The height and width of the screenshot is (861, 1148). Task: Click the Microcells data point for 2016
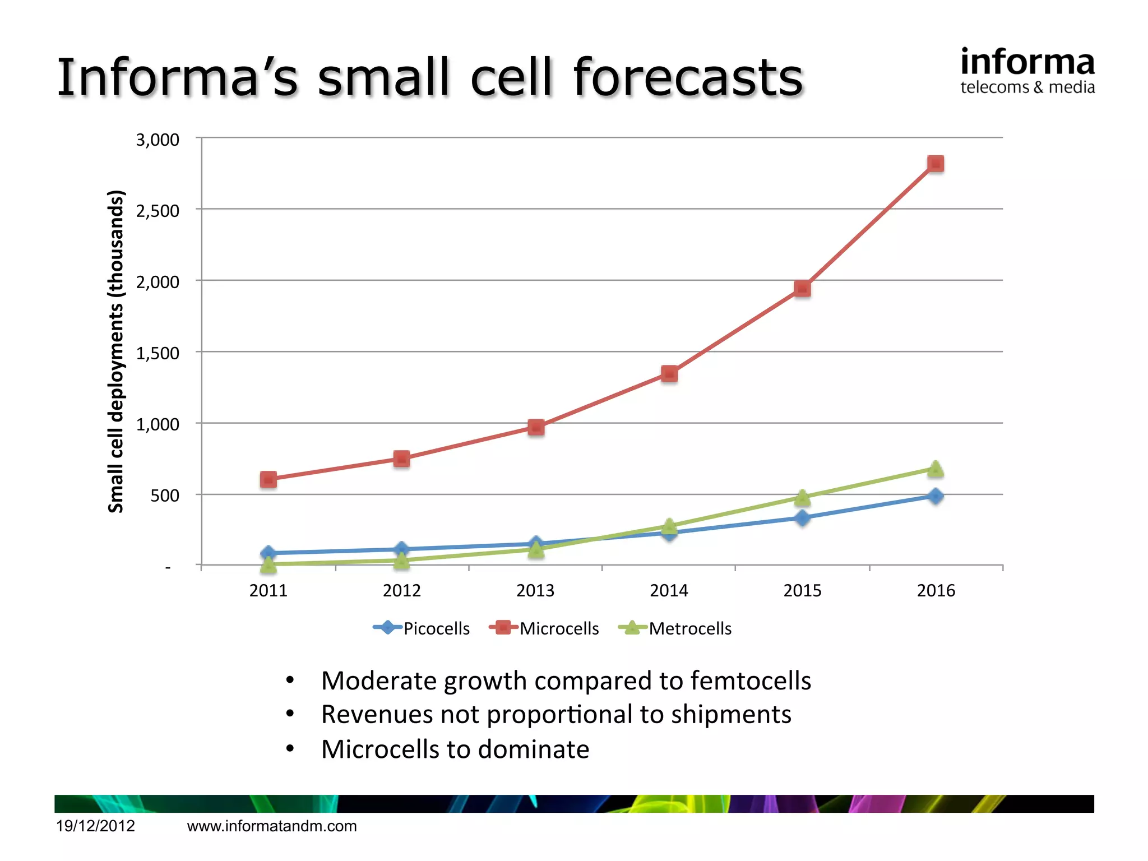(x=935, y=164)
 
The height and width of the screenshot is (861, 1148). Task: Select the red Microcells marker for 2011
(x=269, y=479)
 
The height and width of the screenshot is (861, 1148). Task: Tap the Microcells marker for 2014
(x=669, y=373)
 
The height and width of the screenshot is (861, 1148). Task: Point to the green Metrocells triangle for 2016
(x=935, y=469)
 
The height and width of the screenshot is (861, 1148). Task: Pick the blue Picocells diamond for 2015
(x=802, y=518)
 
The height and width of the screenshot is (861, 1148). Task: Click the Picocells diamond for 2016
(x=935, y=496)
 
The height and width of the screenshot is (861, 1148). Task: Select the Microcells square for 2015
(x=802, y=289)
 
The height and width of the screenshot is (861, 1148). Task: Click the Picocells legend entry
(x=422, y=628)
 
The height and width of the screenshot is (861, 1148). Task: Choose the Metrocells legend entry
(x=675, y=628)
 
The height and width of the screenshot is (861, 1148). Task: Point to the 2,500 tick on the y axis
(x=158, y=211)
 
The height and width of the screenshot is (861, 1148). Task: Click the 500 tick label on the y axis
(x=165, y=496)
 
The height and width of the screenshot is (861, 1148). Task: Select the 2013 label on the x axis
(x=535, y=590)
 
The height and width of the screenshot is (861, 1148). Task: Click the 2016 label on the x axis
(x=936, y=590)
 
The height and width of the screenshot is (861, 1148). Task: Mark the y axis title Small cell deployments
(x=115, y=351)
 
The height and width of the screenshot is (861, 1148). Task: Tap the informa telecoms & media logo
(x=1027, y=71)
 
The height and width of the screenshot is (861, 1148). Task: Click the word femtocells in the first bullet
(x=751, y=681)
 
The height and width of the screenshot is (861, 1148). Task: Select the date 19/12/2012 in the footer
(x=96, y=826)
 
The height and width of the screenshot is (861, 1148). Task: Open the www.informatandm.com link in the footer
(x=272, y=826)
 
